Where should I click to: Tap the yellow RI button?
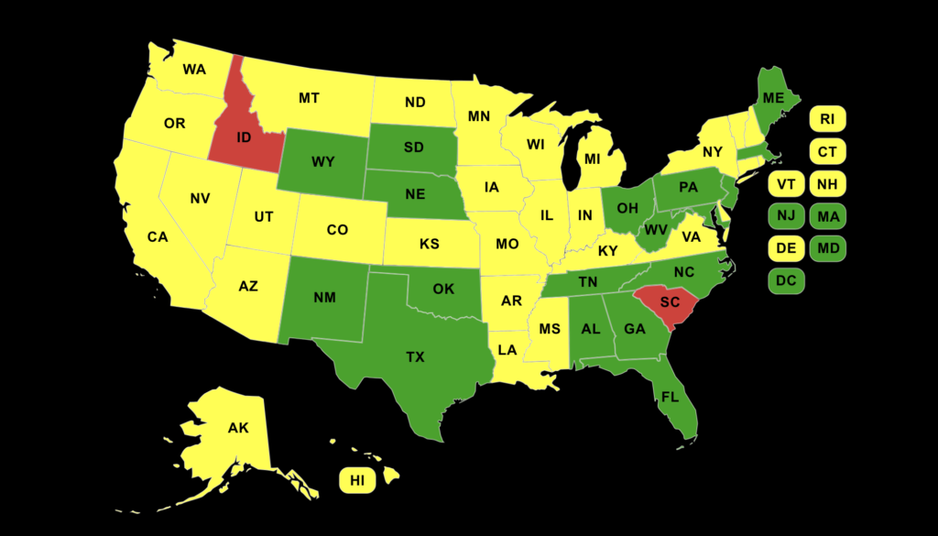[827, 119]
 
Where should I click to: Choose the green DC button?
[786, 281]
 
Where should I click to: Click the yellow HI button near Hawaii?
[357, 480]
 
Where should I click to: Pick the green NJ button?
[786, 216]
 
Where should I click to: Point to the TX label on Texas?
[415, 357]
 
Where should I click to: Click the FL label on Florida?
[669, 398]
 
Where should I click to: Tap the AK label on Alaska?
[238, 428]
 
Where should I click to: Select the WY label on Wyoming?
[322, 162]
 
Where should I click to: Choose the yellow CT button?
[827, 151]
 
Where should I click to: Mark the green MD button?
[827, 248]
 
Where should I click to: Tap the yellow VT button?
[786, 184]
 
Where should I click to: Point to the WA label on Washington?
[194, 70]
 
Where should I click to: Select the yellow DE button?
[786, 248]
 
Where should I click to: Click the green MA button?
[827, 216]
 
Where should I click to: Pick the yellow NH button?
[827, 184]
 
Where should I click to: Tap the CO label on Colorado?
[337, 230]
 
